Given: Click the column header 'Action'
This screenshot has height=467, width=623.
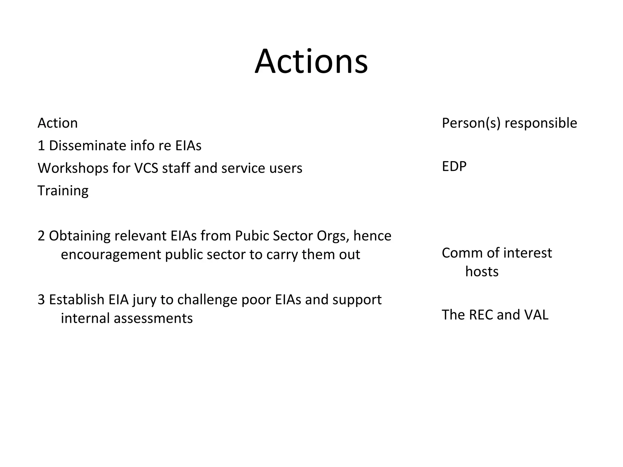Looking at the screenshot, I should coord(57,123).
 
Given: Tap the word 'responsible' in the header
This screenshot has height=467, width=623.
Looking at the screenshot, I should coord(541,123).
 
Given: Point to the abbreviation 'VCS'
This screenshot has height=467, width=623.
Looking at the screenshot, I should coord(146,168).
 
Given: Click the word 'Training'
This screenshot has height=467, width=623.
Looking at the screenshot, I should coord(63,191).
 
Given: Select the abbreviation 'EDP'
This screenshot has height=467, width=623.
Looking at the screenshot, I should coord(454,166).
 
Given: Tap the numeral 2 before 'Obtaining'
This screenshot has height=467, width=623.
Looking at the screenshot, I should coord(41,236).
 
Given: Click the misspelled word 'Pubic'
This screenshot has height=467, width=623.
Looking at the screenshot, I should coord(252,236).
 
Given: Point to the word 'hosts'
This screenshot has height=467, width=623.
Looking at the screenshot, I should coord(482,272).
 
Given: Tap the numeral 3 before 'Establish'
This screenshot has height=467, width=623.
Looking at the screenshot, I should coord(41,300).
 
